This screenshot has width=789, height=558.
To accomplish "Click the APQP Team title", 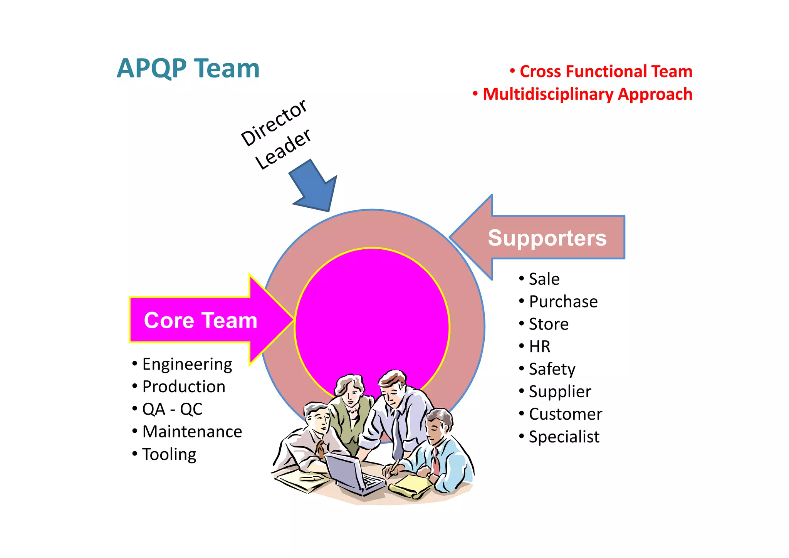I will tap(188, 69).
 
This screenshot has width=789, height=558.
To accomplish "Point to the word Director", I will tap(274, 123).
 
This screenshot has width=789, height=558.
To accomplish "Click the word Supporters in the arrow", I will tap(547, 238).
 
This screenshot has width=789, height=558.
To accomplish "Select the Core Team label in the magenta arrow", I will tap(200, 320).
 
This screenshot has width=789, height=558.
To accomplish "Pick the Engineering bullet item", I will tap(187, 365).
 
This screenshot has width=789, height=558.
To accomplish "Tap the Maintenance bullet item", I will tap(192, 432).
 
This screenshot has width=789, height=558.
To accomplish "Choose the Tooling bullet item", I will tap(169, 454).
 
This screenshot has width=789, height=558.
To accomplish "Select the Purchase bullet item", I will tap(563, 302).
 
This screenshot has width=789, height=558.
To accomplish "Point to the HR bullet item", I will tap(539, 346).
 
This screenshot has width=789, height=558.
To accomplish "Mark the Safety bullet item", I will tap(552, 369).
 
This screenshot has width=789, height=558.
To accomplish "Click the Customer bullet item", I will tap(565, 414).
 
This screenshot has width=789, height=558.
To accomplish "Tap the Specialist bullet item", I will tap(564, 437).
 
